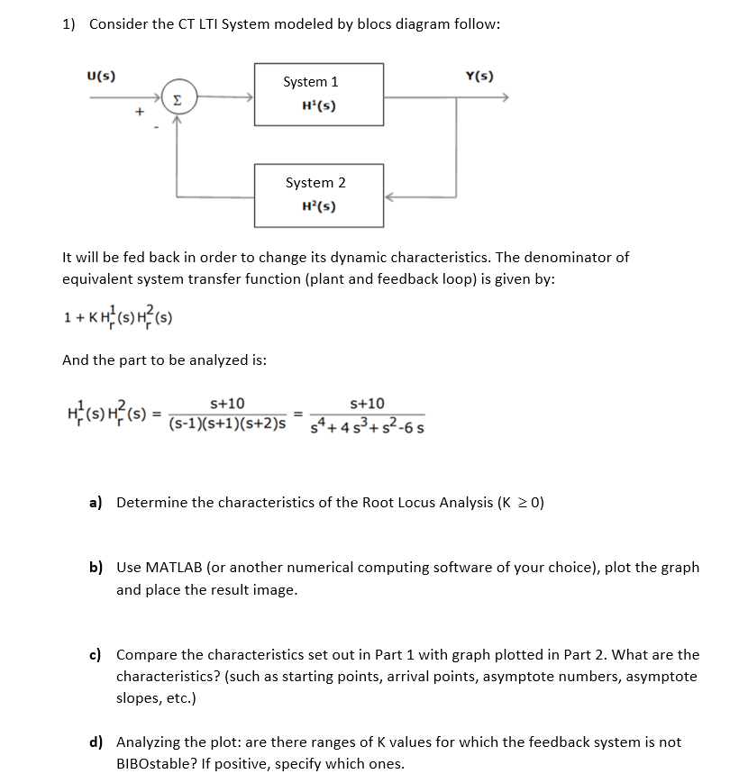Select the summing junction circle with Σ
tap(178, 97)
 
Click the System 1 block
tap(319, 95)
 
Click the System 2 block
tap(319, 195)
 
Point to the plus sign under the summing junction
tap(139, 112)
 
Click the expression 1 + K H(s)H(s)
tap(117, 317)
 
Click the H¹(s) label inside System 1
tap(318, 106)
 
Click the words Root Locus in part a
tap(391, 502)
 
